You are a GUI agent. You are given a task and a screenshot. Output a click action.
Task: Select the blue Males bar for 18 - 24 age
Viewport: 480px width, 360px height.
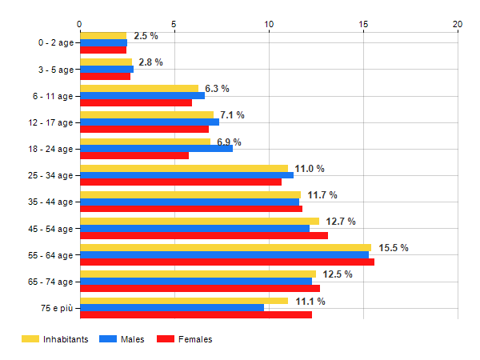point(156,148)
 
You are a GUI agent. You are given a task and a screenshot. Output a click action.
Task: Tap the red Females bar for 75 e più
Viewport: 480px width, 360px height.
point(196,315)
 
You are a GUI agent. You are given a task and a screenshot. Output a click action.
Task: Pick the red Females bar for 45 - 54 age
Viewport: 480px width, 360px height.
point(204,235)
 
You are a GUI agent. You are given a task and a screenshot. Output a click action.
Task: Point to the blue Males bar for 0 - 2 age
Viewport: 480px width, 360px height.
point(103,42)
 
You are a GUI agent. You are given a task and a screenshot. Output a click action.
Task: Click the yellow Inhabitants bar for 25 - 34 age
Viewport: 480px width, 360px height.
point(184,168)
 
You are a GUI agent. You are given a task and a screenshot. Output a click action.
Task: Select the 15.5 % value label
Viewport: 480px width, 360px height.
point(393,248)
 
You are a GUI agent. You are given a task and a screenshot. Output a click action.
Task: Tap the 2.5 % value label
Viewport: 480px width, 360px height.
point(146,36)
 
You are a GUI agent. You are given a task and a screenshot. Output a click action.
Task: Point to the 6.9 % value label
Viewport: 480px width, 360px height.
point(229,142)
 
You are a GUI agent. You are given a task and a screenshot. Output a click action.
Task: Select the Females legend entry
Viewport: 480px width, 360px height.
point(185,340)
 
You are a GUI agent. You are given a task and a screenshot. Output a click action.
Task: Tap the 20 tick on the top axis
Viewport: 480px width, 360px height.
point(458,25)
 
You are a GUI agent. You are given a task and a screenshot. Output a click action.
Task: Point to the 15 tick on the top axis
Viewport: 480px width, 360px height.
point(363,25)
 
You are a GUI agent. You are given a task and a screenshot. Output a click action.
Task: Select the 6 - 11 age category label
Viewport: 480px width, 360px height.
point(53,96)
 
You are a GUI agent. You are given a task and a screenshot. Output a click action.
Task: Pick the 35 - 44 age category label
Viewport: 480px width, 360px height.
point(50,202)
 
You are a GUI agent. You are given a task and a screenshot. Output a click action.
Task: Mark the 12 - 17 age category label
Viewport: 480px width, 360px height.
point(50,122)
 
